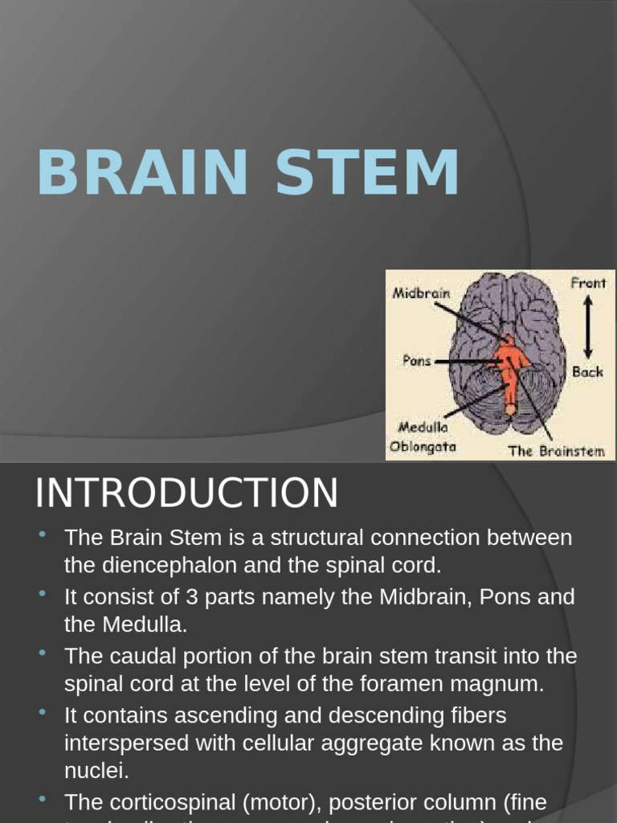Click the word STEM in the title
click(367, 173)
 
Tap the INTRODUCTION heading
click(186, 493)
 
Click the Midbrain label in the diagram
click(421, 293)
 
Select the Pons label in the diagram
click(416, 361)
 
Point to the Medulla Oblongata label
click(423, 437)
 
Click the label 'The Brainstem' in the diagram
click(556, 451)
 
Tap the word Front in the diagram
click(588, 283)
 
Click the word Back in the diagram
click(587, 372)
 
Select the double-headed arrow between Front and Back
click(587, 327)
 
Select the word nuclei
click(96, 771)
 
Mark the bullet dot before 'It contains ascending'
click(43, 711)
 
